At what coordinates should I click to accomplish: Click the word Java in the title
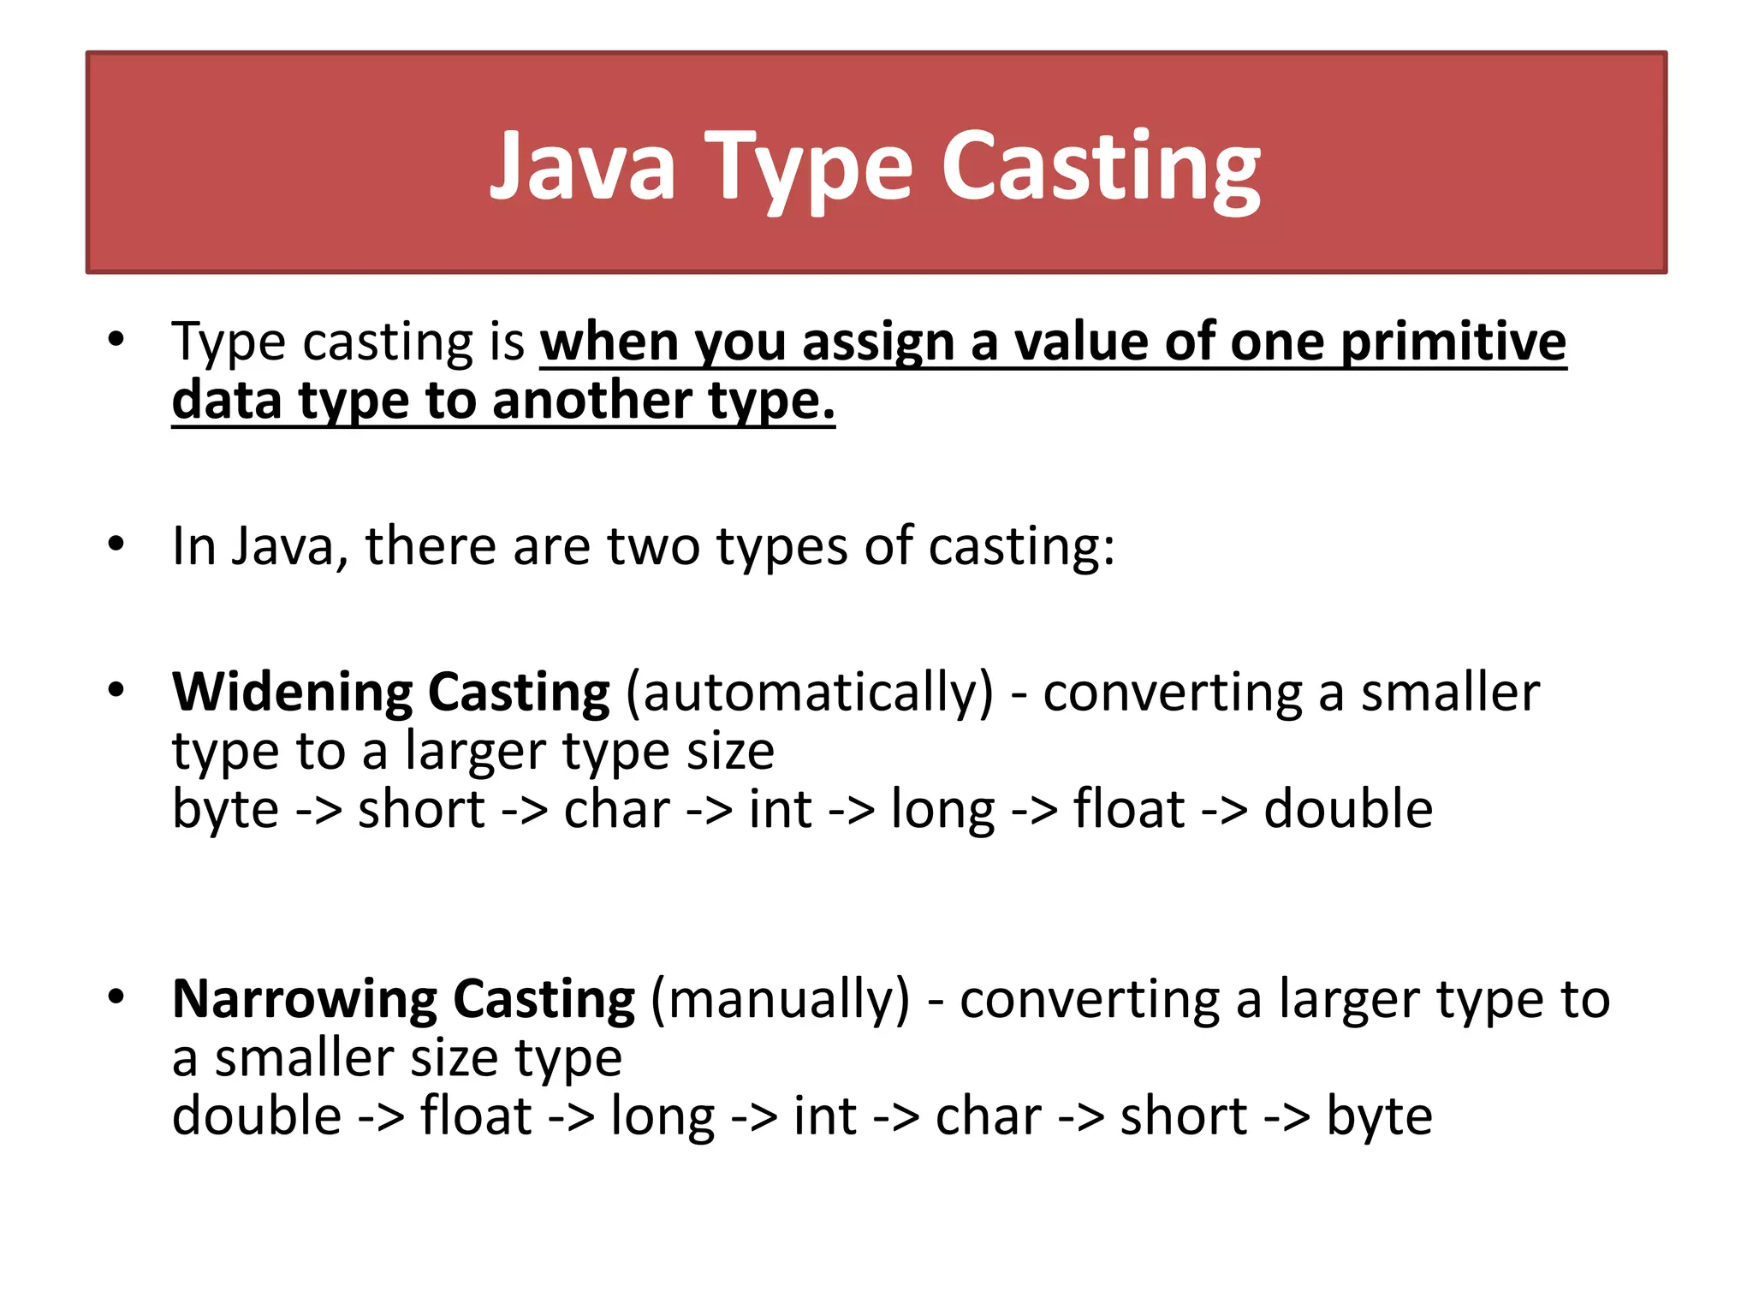coord(582,166)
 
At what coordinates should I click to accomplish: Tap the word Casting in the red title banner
coord(1101,166)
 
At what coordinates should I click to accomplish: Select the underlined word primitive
coord(1453,342)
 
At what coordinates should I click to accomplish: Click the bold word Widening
coord(292,692)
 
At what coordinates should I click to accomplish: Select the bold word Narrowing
coord(304,999)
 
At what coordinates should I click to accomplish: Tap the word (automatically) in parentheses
coord(810,692)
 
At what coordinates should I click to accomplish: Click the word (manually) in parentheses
coord(780,999)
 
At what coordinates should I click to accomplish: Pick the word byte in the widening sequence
coord(225,810)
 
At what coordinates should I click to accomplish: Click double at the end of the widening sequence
coord(1348,810)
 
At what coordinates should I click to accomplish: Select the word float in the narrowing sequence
coord(476,1116)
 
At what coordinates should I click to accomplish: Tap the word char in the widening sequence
coord(616,810)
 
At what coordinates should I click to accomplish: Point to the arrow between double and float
coord(381,1118)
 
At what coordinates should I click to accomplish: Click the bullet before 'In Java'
coord(116,544)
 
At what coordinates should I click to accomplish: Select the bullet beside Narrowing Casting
coord(116,997)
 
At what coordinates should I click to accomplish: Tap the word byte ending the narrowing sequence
coord(1379,1116)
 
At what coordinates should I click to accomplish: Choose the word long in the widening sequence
coord(942,810)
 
